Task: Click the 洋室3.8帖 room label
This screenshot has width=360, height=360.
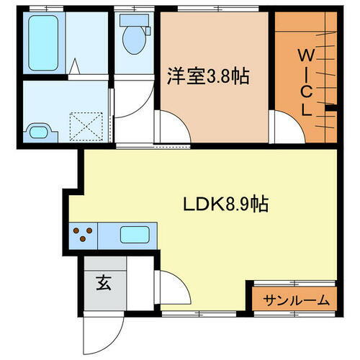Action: tap(208, 76)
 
